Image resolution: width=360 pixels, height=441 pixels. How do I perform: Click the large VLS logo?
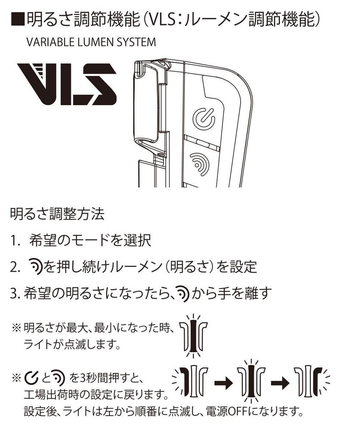click(x=67, y=84)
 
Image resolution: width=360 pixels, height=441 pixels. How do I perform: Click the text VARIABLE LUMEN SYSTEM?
click(x=91, y=43)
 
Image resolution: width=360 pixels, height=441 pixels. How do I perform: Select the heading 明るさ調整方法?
click(x=57, y=214)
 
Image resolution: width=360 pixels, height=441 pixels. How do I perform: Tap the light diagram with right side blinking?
click(x=310, y=382)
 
